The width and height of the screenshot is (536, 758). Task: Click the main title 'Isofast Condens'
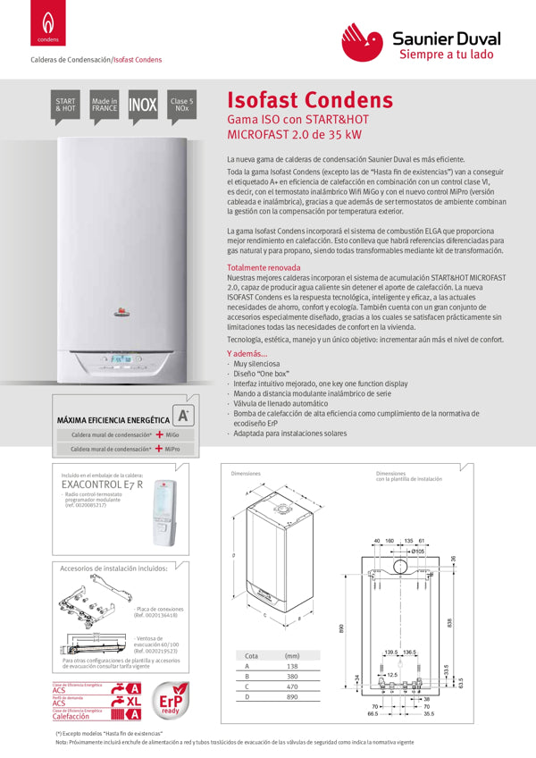310,98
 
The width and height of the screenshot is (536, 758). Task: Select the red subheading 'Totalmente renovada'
264,267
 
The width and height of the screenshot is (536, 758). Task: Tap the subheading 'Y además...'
247,355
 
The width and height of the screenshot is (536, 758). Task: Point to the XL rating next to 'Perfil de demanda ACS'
133,702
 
